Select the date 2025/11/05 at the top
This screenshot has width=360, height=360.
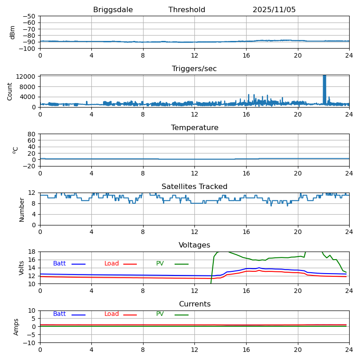[274, 10]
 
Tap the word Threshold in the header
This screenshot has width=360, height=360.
[187, 10]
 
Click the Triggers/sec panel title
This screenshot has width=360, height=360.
[194, 69]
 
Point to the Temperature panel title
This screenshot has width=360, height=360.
[194, 128]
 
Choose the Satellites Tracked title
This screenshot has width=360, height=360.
[194, 187]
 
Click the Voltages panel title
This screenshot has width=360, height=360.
[194, 245]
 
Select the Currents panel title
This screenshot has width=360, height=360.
[194, 304]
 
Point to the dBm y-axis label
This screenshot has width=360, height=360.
[13, 32]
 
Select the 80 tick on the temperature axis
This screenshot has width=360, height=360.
[32, 134]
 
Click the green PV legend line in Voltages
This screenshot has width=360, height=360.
[181, 264]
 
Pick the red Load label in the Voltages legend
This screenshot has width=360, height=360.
[112, 264]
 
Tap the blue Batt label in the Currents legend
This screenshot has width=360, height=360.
[59, 314]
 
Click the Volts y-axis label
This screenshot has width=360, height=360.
[22, 268]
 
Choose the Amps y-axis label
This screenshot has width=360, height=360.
[16, 327]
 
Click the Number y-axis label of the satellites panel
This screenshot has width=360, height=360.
[22, 209]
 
